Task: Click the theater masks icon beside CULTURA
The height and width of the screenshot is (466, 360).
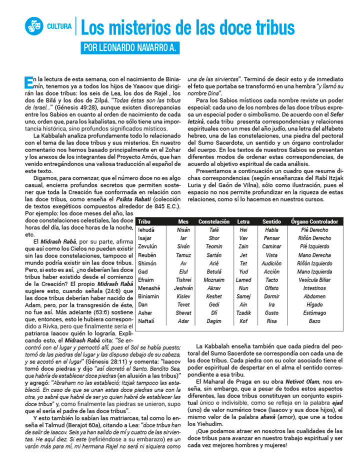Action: [x=34, y=26]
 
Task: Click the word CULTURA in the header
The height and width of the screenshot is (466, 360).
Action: [x=59, y=26]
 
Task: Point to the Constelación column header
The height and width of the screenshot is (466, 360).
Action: [x=214, y=221]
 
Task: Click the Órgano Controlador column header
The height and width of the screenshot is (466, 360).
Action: [x=314, y=221]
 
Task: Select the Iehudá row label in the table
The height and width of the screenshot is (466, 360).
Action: [x=147, y=230]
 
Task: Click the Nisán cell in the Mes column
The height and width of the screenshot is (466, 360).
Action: [x=183, y=230]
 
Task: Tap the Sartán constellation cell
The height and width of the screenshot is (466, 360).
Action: [x=214, y=255]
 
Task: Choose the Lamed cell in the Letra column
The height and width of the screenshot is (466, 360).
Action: [x=243, y=280]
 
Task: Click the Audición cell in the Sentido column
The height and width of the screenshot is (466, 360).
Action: [x=271, y=263]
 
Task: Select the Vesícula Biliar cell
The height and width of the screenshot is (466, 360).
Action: [x=314, y=280]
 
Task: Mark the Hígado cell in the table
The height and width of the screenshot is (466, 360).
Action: [x=314, y=304]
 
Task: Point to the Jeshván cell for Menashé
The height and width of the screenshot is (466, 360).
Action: [x=183, y=288]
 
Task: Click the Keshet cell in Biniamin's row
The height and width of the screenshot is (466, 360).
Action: [x=214, y=296]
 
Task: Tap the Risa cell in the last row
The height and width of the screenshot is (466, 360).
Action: [x=271, y=321]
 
